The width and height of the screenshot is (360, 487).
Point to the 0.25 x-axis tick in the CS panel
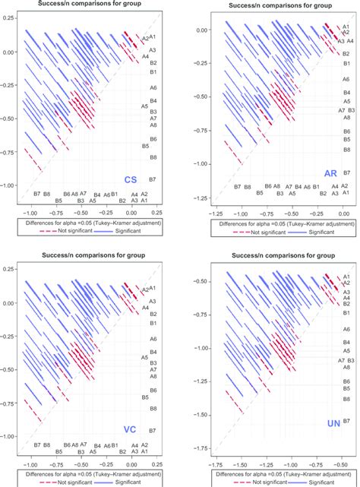click(157, 214)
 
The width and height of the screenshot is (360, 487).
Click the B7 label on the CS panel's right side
click(153, 179)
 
